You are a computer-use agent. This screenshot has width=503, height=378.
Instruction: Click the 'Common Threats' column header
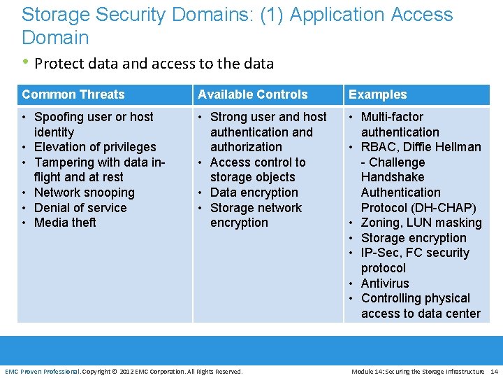click(73, 94)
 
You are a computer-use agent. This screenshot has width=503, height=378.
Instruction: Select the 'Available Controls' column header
click(252, 94)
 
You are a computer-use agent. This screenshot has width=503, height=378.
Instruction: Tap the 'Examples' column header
click(377, 94)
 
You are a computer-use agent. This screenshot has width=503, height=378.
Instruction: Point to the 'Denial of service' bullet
click(80, 208)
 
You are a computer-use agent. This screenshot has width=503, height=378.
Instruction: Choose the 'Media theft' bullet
click(65, 223)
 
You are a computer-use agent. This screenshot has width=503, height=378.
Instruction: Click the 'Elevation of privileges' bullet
click(95, 147)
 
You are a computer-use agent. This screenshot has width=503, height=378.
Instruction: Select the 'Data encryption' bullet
click(254, 192)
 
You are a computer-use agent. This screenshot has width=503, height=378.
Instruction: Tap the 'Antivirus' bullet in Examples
click(385, 283)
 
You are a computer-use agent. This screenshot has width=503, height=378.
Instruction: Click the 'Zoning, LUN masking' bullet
click(421, 223)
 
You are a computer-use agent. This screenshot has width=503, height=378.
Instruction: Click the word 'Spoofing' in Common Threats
click(58, 117)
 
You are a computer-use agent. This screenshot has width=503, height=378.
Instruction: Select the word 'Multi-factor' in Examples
click(392, 117)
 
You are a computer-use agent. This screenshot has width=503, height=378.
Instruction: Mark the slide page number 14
click(494, 371)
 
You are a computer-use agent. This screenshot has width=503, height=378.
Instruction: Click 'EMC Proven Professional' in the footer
click(42, 371)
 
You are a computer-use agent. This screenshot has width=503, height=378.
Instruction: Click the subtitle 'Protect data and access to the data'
click(154, 64)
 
